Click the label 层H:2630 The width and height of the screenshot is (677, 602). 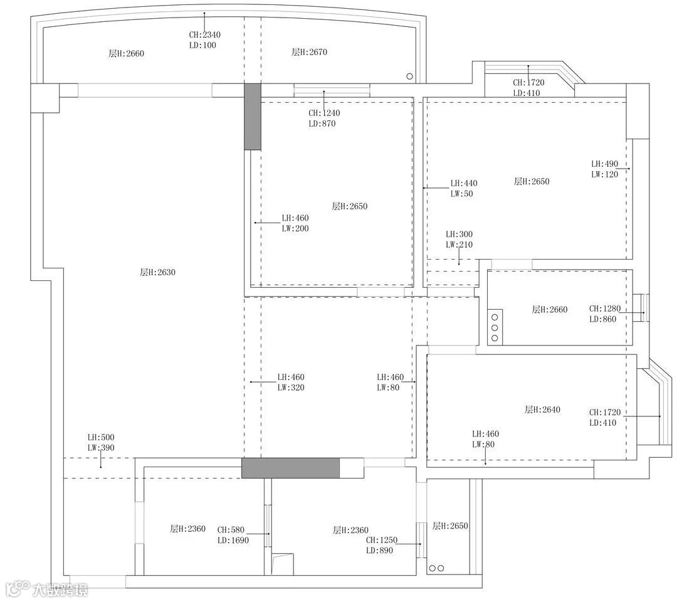coord(157,272)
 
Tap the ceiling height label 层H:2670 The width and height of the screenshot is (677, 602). coord(309,52)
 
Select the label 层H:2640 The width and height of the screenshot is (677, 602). coord(542,409)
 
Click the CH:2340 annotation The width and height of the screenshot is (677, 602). coord(204,34)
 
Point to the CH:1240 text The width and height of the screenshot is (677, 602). coord(324,113)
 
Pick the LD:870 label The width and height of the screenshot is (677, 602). coord(322,124)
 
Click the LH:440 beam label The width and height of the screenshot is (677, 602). coord(464,183)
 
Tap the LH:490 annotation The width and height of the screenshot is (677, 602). coord(604,164)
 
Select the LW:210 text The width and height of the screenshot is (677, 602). coord(459,245)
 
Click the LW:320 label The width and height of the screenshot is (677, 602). coord(291,388)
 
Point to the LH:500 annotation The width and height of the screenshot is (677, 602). coord(101,437)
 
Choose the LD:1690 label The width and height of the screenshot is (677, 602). coord(233,541)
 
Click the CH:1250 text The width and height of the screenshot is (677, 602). coord(382,540)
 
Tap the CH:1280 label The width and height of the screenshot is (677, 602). coord(605,309)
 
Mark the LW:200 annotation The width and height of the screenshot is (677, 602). coord(295,228)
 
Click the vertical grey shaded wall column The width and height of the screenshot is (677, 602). coord(253,117)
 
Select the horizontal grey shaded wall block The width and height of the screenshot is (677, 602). coord(291,468)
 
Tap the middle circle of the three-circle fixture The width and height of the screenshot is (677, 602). coord(495,328)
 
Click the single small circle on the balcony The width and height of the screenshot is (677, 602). coord(410,77)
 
